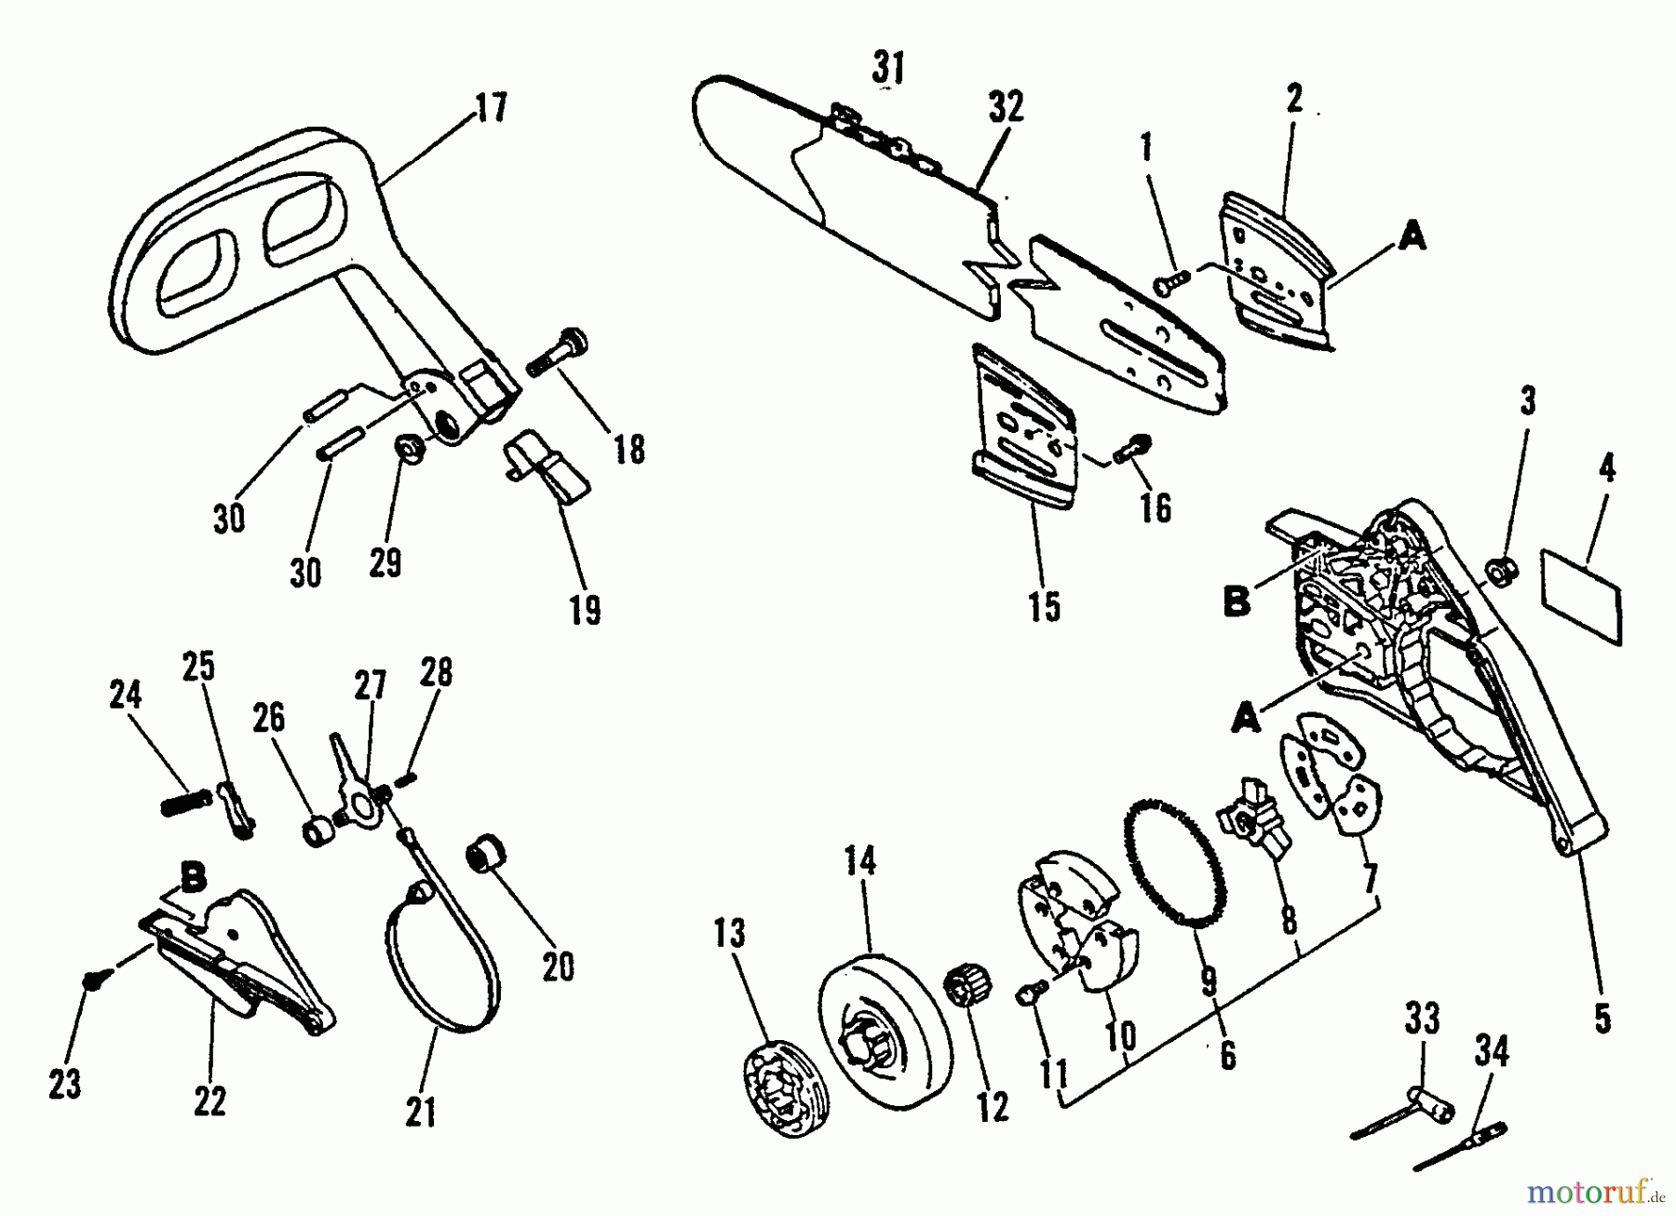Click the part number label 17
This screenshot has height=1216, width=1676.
coord(492,108)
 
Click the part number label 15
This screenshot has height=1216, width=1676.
coord(1045,606)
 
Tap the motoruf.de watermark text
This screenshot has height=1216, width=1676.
coord(1602,1190)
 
